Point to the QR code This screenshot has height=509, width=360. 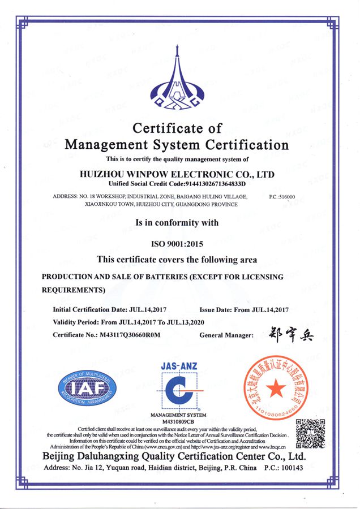(x=310, y=433)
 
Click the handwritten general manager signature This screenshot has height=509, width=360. (x=289, y=334)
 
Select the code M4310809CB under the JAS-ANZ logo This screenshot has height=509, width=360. (x=178, y=422)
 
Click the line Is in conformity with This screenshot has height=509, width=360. (x=177, y=223)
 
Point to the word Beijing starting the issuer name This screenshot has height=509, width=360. (x=63, y=456)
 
